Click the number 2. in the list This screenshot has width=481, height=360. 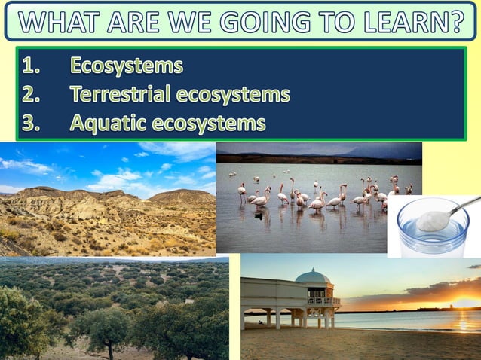(31, 95)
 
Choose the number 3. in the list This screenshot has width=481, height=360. (31, 123)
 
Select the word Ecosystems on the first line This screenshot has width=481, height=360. (127, 66)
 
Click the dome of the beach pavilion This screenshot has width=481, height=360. (312, 277)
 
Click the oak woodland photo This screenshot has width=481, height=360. (113, 309)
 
